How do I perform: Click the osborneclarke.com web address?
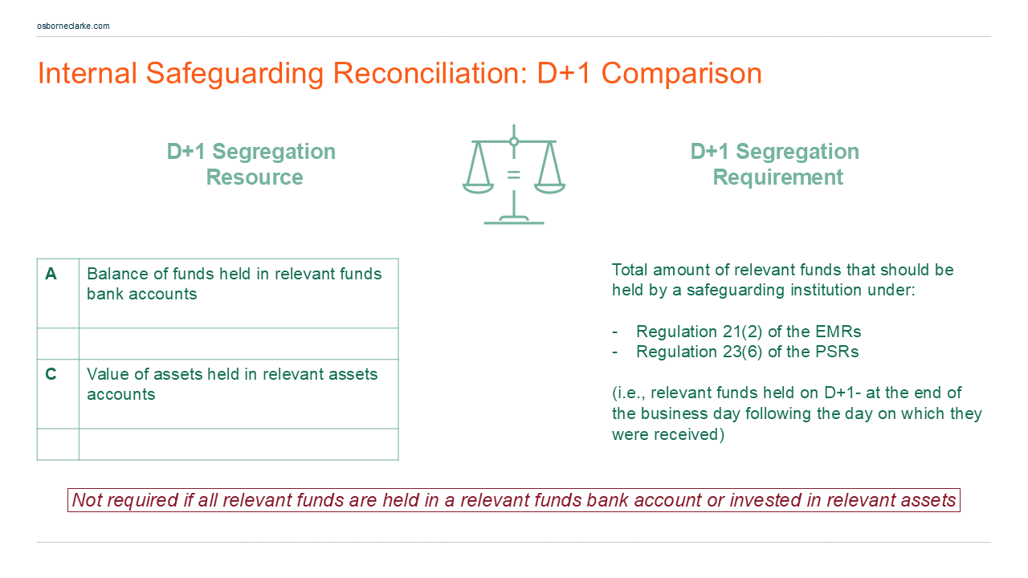click(73, 26)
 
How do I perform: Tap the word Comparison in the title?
click(681, 73)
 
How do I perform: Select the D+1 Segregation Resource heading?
click(251, 164)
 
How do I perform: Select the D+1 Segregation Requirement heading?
click(775, 164)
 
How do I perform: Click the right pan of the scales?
click(550, 188)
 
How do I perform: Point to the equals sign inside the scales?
click(513, 174)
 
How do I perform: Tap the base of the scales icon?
click(513, 221)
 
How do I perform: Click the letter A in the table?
click(51, 274)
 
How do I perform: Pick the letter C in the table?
click(51, 374)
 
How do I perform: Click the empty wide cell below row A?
click(239, 344)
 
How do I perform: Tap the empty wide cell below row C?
click(239, 444)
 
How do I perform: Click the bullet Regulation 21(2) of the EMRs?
click(748, 332)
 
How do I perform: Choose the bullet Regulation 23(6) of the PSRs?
click(747, 352)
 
